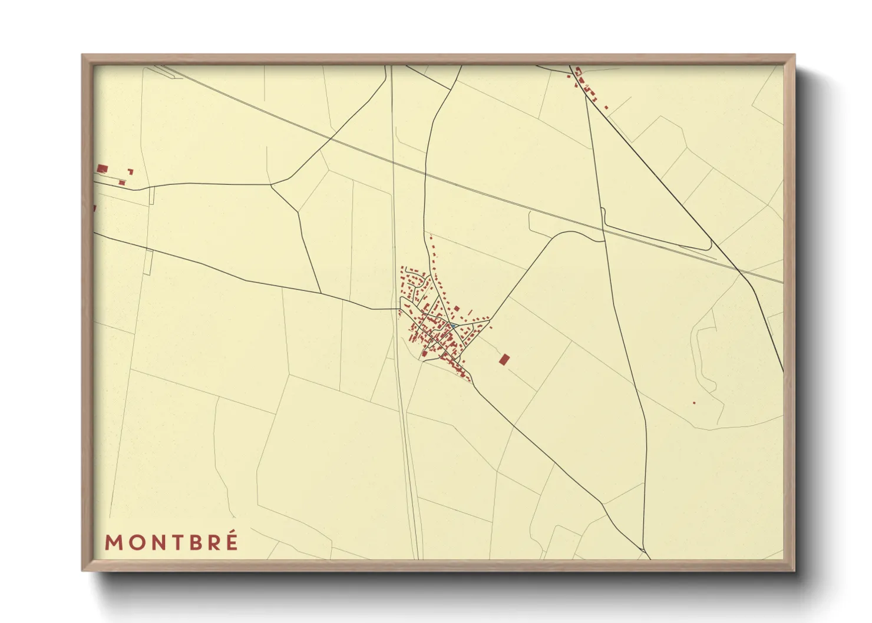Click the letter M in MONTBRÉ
[113, 542]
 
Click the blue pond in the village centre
[453, 325]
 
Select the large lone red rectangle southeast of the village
[504, 359]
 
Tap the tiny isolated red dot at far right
[694, 403]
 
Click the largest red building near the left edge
[102, 169]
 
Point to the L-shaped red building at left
[130, 172]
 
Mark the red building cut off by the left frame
[94, 208]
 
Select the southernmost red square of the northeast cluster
[606, 107]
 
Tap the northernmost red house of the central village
[431, 237]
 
